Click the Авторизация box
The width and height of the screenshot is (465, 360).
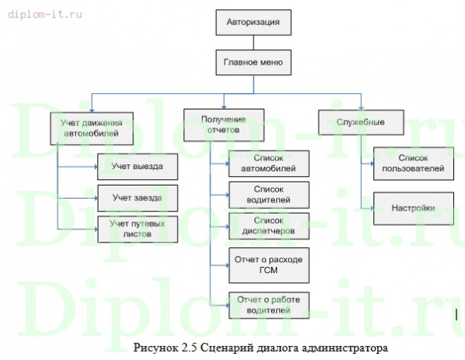click(254, 23)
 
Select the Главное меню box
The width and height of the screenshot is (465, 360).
click(254, 61)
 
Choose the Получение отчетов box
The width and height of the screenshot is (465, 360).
click(223, 124)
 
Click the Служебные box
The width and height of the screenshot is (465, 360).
click(351, 123)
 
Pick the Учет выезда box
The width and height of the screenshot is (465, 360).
click(136, 166)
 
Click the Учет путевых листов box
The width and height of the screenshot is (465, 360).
click(136, 228)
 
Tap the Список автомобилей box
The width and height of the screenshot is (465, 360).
click(268, 163)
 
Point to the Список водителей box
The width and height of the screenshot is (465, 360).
click(268, 194)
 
